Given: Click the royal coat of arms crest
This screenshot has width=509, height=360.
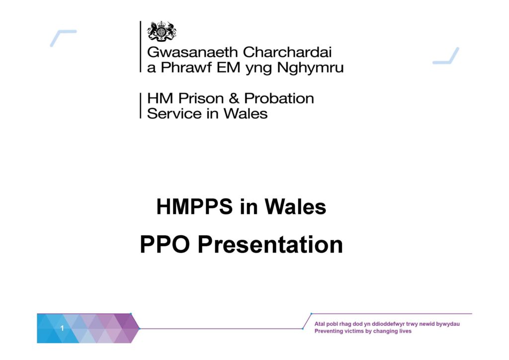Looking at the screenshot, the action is [x=162, y=31].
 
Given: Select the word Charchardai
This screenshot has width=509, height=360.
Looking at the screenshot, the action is [x=287, y=52].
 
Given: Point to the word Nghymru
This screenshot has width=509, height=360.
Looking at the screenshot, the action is [x=310, y=68].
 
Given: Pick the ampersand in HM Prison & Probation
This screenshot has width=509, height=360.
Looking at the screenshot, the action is [x=234, y=98].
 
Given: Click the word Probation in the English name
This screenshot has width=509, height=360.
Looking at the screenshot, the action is [x=279, y=98].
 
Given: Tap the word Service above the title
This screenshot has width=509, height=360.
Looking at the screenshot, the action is [x=174, y=113].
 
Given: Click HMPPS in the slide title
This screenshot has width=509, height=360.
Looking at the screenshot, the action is [x=194, y=206].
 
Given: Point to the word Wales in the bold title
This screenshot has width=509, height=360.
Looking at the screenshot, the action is [x=295, y=206].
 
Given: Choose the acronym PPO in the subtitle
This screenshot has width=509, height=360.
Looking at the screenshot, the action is [x=165, y=245].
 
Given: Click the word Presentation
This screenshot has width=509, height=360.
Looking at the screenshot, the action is [x=270, y=245].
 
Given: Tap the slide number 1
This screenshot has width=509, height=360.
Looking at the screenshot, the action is [x=62, y=328].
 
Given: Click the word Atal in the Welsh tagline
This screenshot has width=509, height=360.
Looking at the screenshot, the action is [x=320, y=324].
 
